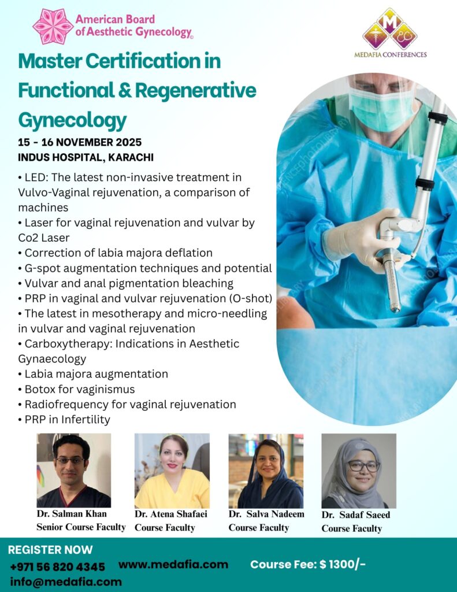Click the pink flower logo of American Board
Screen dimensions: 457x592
[x=53, y=27]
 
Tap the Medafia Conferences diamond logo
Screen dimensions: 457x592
[x=390, y=29]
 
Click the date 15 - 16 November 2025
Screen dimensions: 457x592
[x=80, y=142]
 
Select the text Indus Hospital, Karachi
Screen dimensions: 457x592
[x=86, y=157]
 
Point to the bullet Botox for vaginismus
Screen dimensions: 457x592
[x=76, y=389]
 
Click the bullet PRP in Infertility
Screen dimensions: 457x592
[x=64, y=420]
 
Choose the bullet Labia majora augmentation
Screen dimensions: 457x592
[x=93, y=374]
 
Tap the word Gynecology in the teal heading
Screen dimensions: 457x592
[x=72, y=121]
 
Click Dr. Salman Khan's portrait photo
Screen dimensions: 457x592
[x=74, y=471]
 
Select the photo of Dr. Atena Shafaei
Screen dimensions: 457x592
[x=172, y=471]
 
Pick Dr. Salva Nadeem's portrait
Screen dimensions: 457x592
[x=266, y=471]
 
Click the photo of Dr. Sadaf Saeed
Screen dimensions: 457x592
[x=359, y=471]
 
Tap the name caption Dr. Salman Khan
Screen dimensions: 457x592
[x=72, y=514]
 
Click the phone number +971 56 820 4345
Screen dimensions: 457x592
[x=57, y=567]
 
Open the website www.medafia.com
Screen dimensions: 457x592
[x=173, y=564]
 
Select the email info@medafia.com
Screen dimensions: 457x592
[x=66, y=582]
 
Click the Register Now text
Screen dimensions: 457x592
[x=50, y=550]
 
